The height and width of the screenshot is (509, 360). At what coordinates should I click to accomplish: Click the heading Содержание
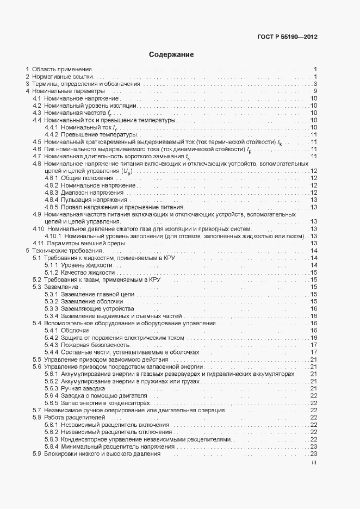click(x=171, y=55)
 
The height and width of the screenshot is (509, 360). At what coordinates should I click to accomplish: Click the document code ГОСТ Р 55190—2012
click(x=287, y=38)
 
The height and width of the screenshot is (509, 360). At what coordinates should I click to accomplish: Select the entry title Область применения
click(x=62, y=70)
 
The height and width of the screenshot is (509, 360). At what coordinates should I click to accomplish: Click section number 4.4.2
click(x=51, y=134)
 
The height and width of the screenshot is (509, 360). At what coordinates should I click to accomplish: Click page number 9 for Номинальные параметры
click(x=315, y=91)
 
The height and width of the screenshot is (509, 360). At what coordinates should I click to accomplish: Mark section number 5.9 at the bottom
click(x=36, y=454)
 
